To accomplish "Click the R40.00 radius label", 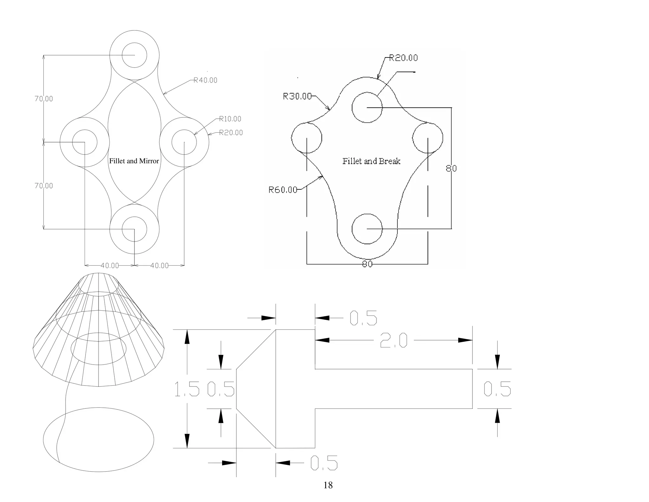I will (x=205, y=80).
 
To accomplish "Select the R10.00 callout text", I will (x=230, y=119).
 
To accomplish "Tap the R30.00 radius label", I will (x=297, y=96).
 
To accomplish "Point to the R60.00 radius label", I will (x=283, y=190).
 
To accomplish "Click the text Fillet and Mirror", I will (x=134, y=161).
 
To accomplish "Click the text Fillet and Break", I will (x=371, y=161).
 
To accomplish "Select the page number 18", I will (x=328, y=485).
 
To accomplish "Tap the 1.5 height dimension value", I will (x=187, y=390).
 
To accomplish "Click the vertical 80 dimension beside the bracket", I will (x=451, y=168).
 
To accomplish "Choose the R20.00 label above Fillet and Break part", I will (x=403, y=58).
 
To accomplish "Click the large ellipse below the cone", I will (x=99, y=440).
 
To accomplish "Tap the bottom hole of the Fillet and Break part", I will (x=367, y=229).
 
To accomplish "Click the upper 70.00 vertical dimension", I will (x=44, y=99).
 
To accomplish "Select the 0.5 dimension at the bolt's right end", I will (x=497, y=389).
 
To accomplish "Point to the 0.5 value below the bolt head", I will (x=324, y=463).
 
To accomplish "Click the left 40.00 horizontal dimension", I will (x=110, y=266).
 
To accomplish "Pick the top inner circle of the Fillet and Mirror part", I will (x=134, y=55).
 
